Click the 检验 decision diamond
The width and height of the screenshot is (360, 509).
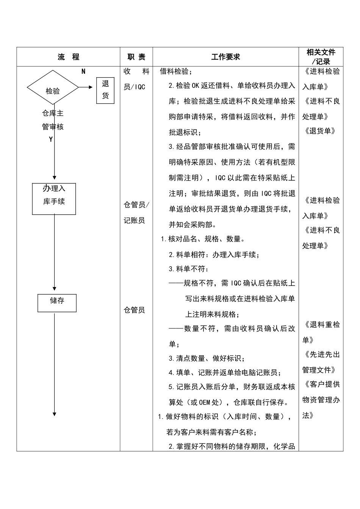[x=53, y=87]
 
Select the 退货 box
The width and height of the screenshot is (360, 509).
[x=105, y=90]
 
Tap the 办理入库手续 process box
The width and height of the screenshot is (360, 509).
[x=54, y=199]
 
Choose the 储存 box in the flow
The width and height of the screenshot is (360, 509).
[x=57, y=303]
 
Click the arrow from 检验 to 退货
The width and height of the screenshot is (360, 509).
[x=86, y=87]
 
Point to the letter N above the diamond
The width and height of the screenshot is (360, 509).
[x=83, y=72]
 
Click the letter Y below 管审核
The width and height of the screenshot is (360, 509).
[x=51, y=139]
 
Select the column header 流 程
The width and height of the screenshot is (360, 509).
[x=69, y=57]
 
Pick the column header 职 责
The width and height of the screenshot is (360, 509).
[x=136, y=57]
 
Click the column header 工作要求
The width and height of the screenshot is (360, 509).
[x=225, y=57]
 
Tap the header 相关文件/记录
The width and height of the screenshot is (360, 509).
[x=321, y=57]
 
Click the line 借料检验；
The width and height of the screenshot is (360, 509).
[x=176, y=72]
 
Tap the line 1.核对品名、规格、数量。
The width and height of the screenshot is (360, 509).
[x=203, y=239]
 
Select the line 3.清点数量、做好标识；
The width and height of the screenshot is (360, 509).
[x=207, y=358]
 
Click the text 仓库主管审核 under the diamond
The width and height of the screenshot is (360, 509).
[x=53, y=120]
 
